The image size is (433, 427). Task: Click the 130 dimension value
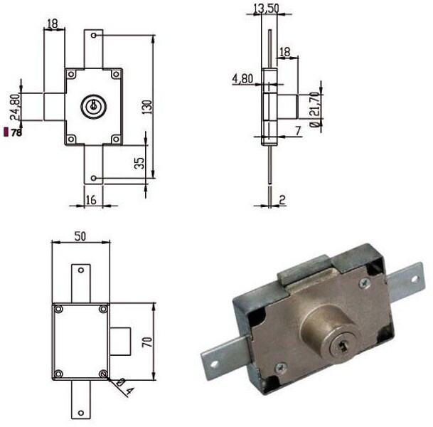(x=147, y=107)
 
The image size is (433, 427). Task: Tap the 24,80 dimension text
(x=15, y=107)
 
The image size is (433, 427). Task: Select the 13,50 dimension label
(x=267, y=9)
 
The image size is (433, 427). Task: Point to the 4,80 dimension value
(x=242, y=79)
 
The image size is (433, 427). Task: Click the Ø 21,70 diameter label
(x=315, y=110)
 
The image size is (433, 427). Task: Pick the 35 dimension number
(x=139, y=163)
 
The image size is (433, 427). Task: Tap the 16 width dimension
(x=91, y=199)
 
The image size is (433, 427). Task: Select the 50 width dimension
(x=80, y=236)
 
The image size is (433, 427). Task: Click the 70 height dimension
(x=147, y=342)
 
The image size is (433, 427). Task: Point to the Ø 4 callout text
(x=125, y=386)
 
